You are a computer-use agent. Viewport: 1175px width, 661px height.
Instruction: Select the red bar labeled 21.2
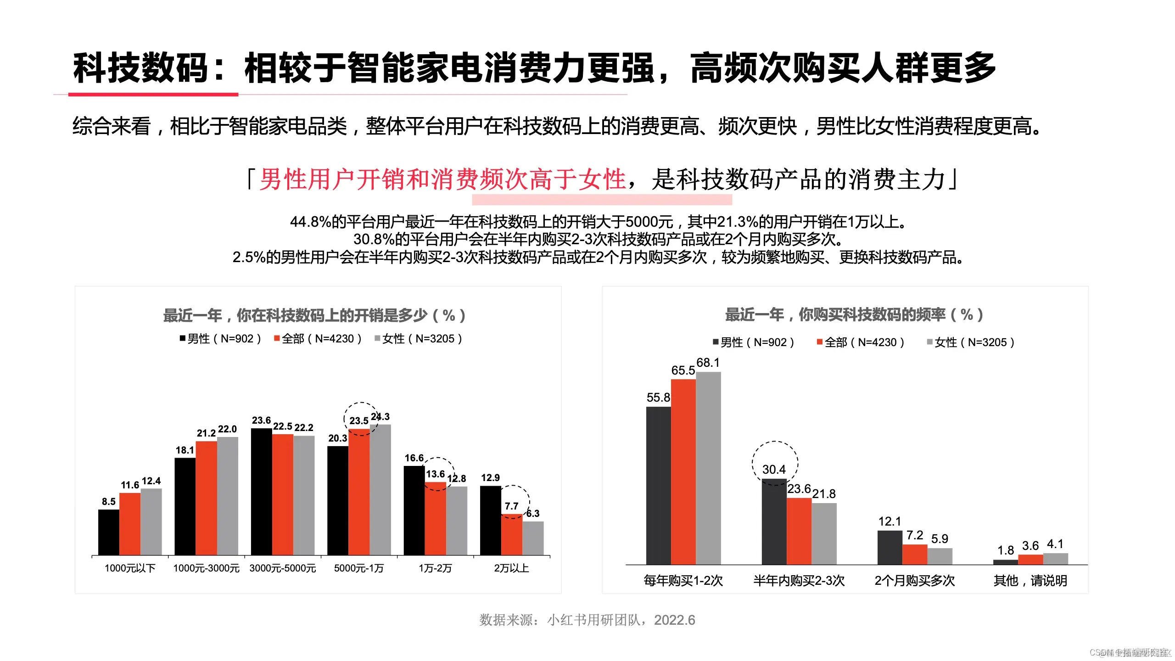[x=206, y=498]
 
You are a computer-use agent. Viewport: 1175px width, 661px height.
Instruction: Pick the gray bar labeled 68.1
[x=708, y=468]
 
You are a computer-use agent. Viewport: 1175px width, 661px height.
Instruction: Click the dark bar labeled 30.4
[x=774, y=521]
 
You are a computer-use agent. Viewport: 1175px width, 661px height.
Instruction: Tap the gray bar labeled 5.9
[x=940, y=556]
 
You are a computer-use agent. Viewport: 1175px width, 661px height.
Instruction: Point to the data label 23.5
[x=358, y=420]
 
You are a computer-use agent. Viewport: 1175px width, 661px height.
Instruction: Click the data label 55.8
[x=658, y=398]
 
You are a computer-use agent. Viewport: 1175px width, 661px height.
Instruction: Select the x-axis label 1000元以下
[x=130, y=568]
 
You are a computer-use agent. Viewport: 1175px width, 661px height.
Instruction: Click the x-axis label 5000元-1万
[x=358, y=568]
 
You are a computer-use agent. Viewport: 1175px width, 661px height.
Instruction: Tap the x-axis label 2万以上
[x=511, y=568]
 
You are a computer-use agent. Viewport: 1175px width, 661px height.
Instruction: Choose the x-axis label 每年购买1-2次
[x=683, y=581]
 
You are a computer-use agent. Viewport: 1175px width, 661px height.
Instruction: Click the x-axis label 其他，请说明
[x=1030, y=581]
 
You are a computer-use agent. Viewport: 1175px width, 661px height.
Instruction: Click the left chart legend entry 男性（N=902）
[x=220, y=339]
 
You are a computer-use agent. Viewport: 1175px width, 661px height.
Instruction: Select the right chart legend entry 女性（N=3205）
[x=970, y=342]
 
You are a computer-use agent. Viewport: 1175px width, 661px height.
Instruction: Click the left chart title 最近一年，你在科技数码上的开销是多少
[x=314, y=315]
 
